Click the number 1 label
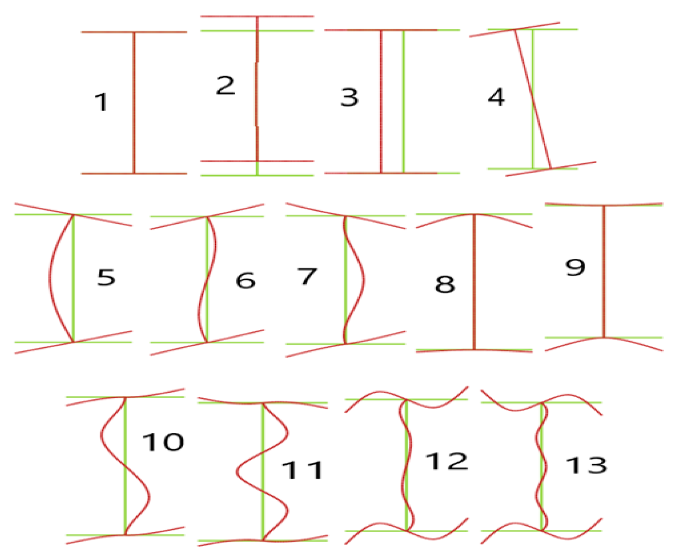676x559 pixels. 101,102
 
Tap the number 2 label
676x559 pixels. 225,85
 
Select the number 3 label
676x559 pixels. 350,97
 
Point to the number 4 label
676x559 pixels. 496,97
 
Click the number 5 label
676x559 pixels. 106,277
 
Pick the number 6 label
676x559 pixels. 245,280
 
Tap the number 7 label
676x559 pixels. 307,277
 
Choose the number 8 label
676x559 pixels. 445,284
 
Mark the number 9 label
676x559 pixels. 575,267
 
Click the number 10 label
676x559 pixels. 163,442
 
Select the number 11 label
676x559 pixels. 302,470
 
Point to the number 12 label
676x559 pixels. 447,461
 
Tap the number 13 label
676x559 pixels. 586,465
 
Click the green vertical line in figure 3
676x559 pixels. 403,101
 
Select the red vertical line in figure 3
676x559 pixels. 382,101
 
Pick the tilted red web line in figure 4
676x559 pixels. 532,99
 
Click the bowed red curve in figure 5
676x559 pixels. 50,278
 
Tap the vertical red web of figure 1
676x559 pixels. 134,103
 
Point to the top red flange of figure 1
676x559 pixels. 134,32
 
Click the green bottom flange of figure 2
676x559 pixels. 257,175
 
